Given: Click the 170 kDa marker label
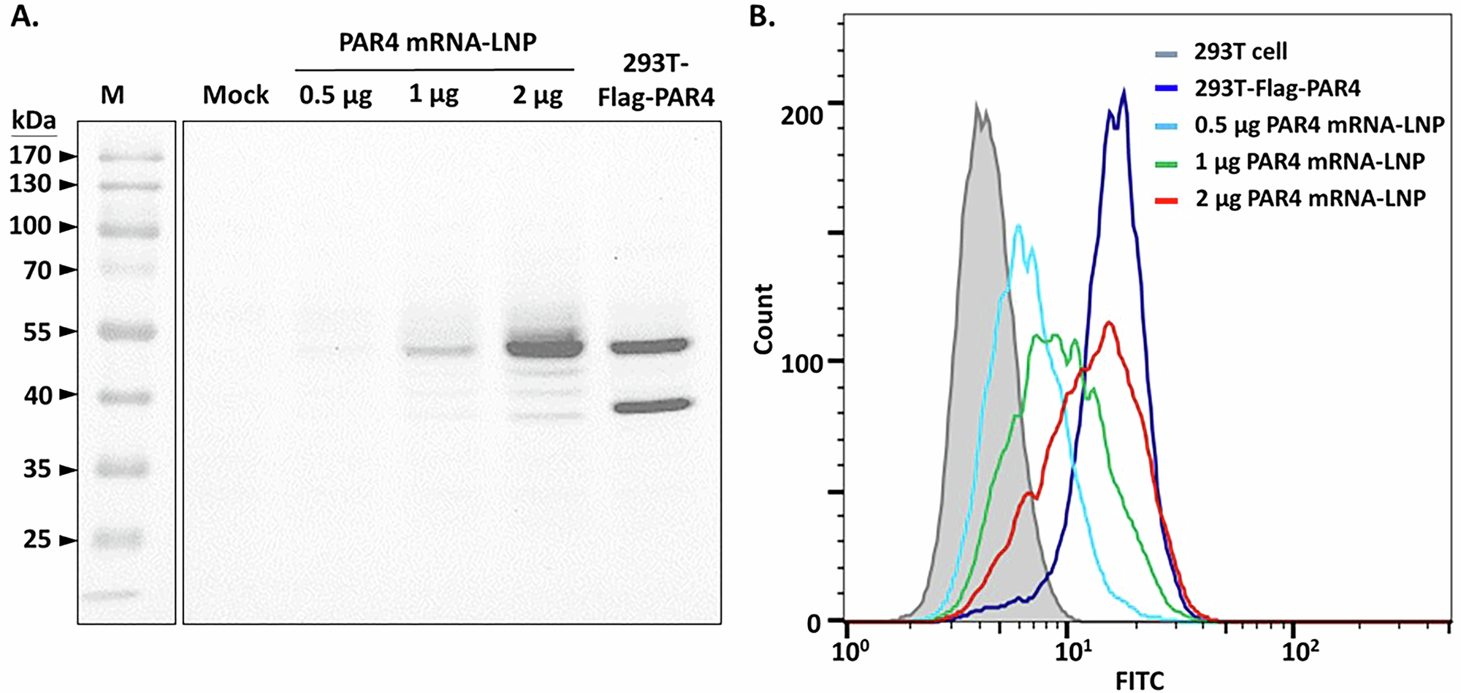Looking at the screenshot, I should [x=30, y=156].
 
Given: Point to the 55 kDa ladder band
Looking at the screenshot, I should [x=128, y=332].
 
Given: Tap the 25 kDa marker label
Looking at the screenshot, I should [x=37, y=540].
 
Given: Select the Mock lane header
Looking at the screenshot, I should [x=235, y=95].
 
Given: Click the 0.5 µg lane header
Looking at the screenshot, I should [x=335, y=95].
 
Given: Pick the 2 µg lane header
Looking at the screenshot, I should [x=538, y=95].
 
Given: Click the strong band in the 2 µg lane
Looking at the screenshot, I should [x=544, y=348].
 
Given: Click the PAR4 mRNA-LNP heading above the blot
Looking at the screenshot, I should [x=437, y=42].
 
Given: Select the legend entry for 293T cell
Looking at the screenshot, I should [x=1240, y=52].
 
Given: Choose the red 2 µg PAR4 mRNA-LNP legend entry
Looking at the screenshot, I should [x=1310, y=198].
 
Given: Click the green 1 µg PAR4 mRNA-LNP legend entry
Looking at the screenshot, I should [x=1309, y=161].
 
